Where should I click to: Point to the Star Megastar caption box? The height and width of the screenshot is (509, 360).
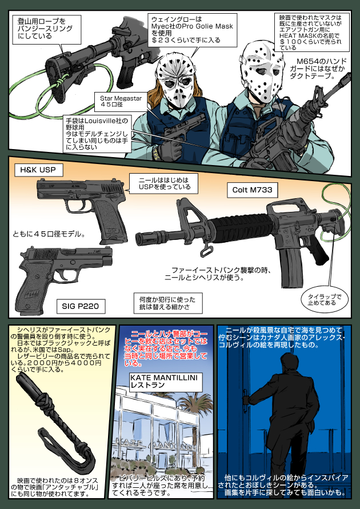click(122, 101)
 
